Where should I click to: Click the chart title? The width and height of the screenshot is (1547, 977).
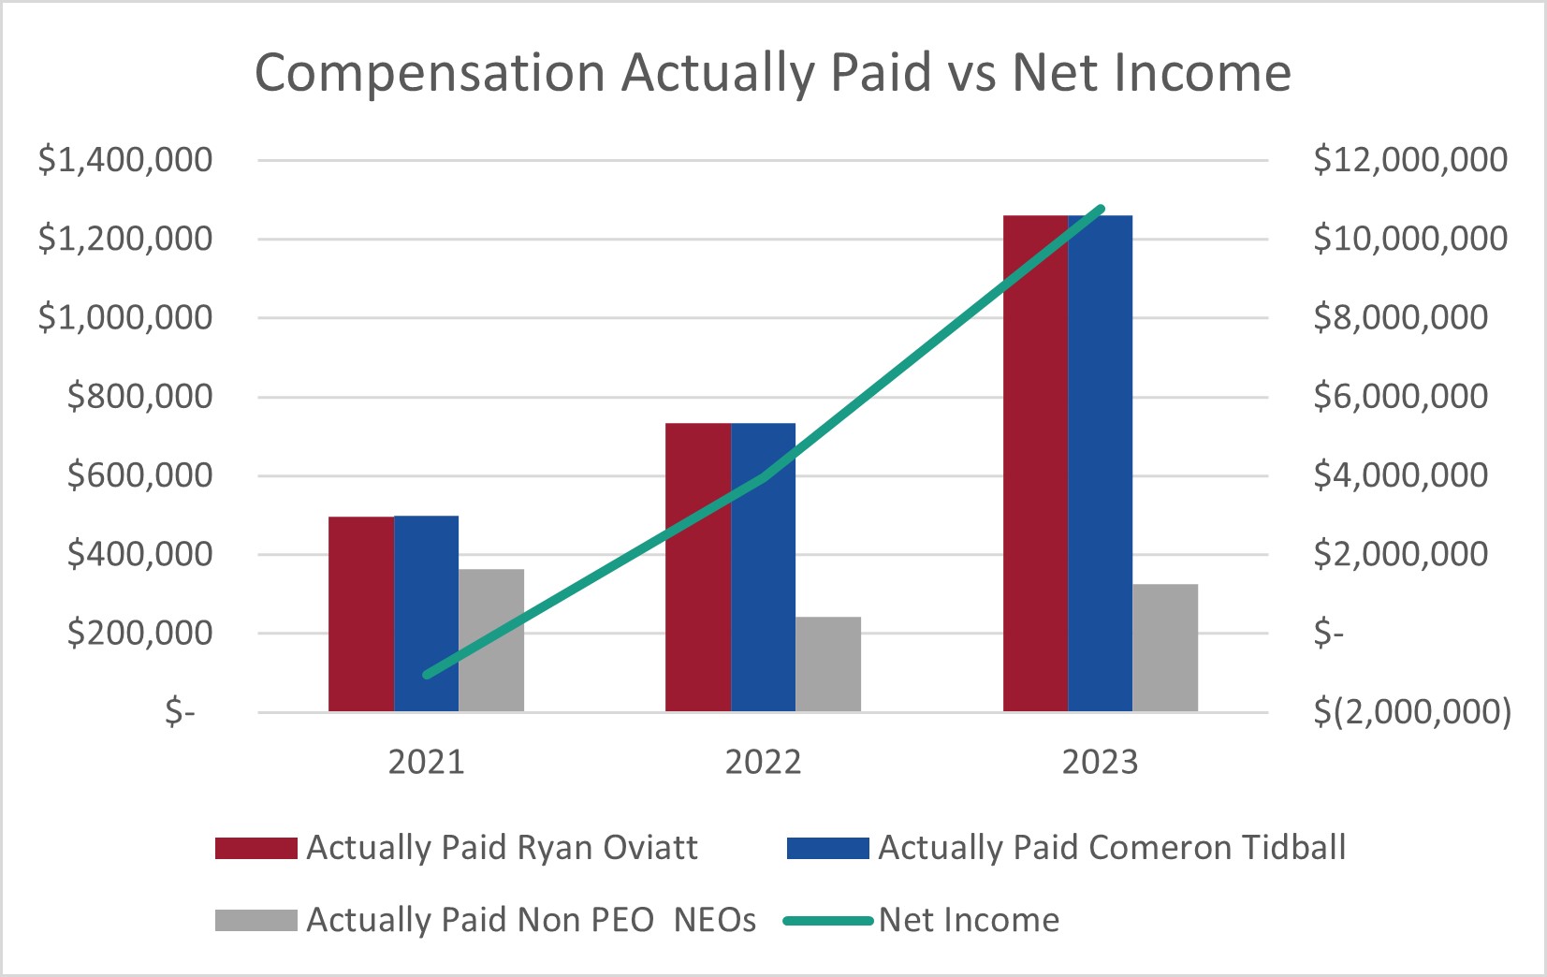[772, 72]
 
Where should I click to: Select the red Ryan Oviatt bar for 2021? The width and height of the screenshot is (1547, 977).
[360, 613]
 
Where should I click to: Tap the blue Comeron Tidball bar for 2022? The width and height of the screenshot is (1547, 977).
[763, 566]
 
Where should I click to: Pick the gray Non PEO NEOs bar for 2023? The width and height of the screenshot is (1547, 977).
[1165, 648]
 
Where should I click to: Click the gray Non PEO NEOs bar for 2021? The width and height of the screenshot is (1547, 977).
[491, 640]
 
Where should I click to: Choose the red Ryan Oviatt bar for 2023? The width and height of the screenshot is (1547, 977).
[1035, 463]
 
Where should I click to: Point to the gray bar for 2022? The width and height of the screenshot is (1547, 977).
[828, 663]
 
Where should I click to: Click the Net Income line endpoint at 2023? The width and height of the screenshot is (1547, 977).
[1101, 209]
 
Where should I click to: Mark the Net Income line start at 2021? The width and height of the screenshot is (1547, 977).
[427, 674]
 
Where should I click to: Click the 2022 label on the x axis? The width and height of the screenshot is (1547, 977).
[763, 762]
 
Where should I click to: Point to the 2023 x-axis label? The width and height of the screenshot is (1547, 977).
[1100, 762]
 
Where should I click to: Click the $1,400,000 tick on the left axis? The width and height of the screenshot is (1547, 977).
[125, 160]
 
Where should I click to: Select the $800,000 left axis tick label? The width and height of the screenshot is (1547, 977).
[140, 397]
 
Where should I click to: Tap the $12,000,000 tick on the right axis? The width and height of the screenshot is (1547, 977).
[1410, 160]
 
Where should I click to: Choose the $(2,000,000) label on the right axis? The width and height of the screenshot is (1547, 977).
[1412, 712]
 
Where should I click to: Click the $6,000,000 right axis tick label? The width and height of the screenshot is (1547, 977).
[1400, 397]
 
